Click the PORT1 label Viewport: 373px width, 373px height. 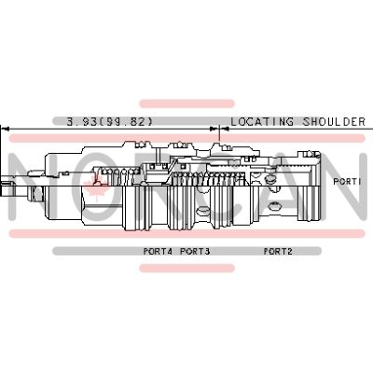(x=347, y=181)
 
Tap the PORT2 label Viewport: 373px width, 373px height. (x=278, y=251)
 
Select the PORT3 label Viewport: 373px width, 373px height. (x=195, y=251)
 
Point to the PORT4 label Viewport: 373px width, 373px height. (x=158, y=251)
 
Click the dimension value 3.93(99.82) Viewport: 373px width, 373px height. (x=110, y=121)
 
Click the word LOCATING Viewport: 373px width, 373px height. (x=262, y=121)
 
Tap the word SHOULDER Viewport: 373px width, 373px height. (x=334, y=121)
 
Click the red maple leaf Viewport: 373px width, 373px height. (x=98, y=186)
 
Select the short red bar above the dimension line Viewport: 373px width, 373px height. (x=186, y=104)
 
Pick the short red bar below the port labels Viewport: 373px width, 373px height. (x=186, y=268)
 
